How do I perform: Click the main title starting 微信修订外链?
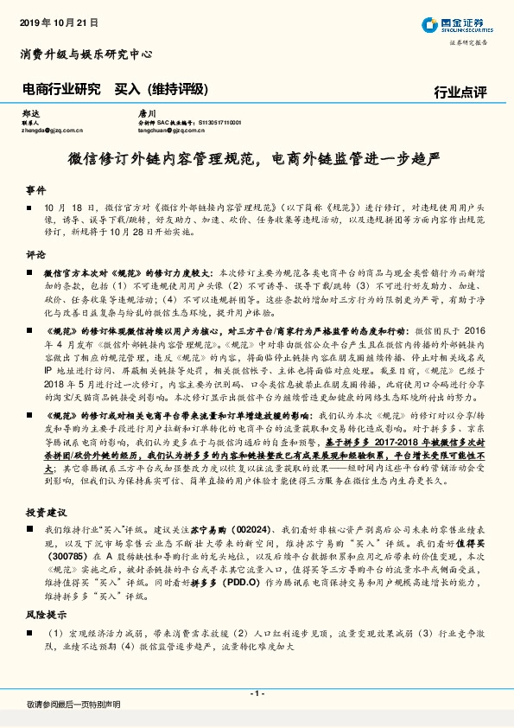tap(256, 160)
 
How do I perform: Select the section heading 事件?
tap(35, 188)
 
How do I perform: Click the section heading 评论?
tap(35, 256)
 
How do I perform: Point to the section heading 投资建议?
tap(47, 512)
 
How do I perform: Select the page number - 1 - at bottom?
tap(257, 693)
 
